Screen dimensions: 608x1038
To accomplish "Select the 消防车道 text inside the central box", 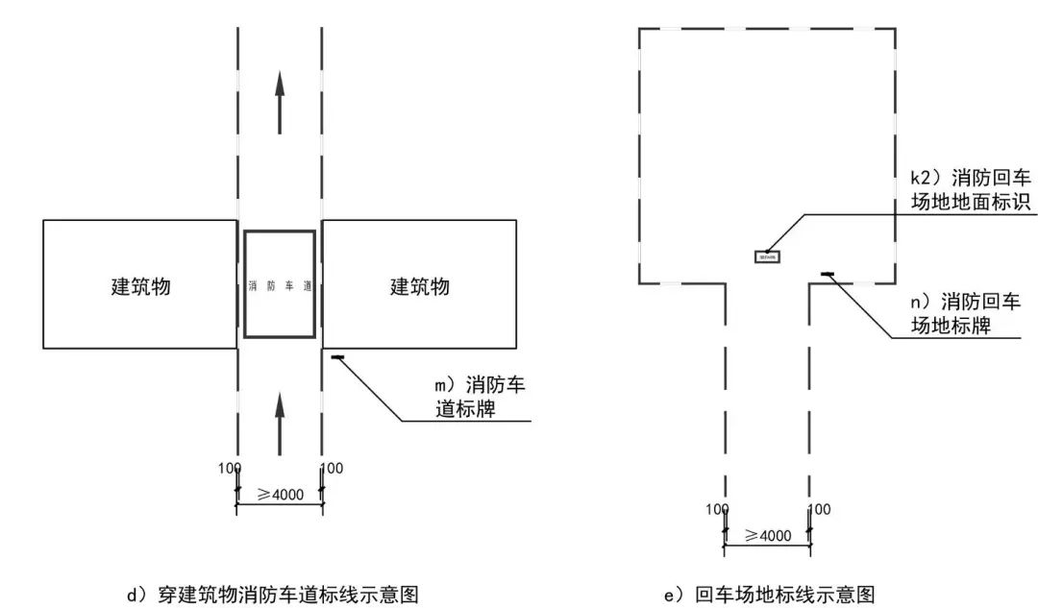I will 280,285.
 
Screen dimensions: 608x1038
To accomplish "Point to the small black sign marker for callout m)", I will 337,358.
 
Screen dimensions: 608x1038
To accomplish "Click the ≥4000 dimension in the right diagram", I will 767,535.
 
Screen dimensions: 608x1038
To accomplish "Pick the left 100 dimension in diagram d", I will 229,469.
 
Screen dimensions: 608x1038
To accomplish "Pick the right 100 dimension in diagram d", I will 332,469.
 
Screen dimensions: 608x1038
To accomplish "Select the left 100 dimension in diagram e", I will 717,509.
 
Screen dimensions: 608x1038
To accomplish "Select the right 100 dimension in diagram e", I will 819,509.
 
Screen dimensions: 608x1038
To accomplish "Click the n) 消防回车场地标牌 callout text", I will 966,313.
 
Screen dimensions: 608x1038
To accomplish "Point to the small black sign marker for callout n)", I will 827,276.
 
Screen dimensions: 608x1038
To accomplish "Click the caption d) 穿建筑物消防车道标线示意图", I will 274,595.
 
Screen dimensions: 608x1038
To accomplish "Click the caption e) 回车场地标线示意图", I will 769,595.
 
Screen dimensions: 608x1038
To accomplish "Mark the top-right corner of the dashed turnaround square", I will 896,29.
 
